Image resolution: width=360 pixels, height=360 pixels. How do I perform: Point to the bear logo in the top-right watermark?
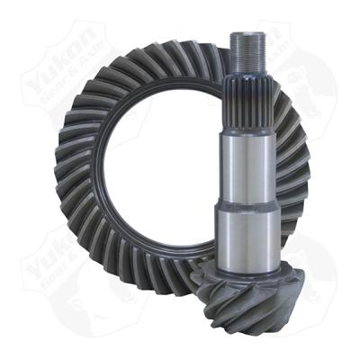(x=288, y=54)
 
